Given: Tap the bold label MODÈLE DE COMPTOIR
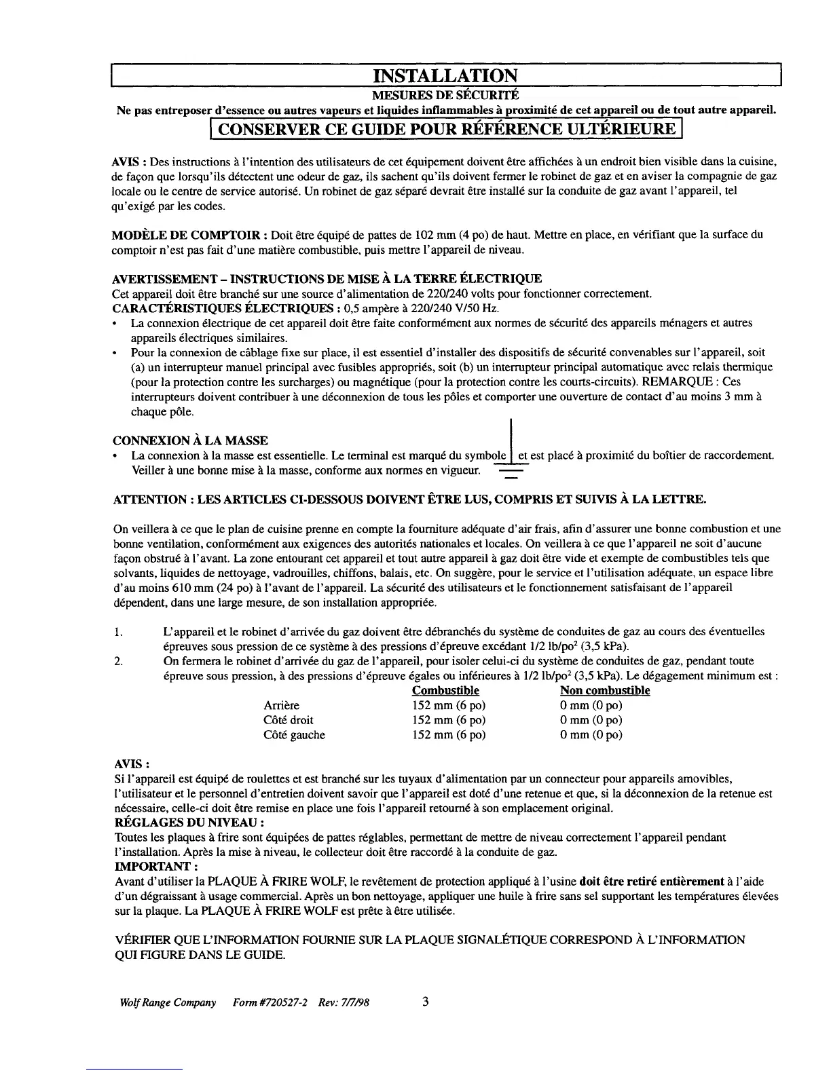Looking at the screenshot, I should click(x=187, y=235).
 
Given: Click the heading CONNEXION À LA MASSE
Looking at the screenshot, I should click(x=189, y=440).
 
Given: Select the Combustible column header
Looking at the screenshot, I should click(x=445, y=691).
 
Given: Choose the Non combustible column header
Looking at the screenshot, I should click(x=604, y=691).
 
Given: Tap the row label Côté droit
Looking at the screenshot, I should click(x=289, y=720).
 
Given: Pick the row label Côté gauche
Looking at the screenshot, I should click(x=294, y=735).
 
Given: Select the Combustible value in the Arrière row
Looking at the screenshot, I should click(x=449, y=706).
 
